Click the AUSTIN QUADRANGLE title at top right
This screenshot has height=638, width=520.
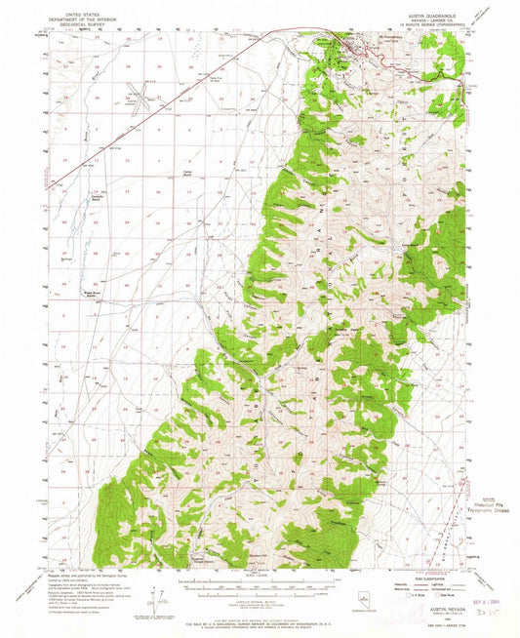click(427, 17)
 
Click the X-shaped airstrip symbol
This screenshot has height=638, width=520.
click(145, 95)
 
